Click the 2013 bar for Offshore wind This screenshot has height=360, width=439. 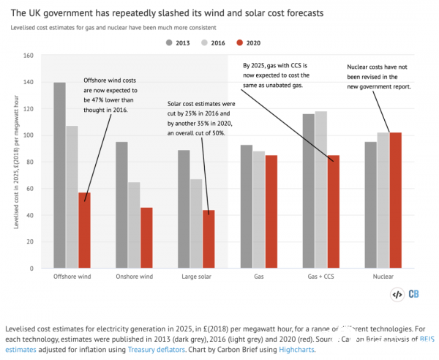[x=59, y=176]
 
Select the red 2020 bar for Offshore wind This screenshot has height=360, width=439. [x=84, y=230]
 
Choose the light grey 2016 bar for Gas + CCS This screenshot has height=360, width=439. [x=320, y=190]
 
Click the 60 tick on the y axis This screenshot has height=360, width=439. [x=30, y=189]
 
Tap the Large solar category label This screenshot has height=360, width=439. [x=196, y=277]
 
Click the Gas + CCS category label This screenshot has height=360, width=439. [x=320, y=277]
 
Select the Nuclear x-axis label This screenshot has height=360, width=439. [x=383, y=277]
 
